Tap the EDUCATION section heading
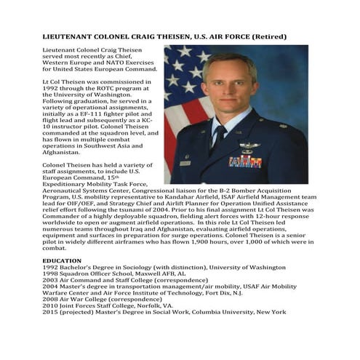[62, 260]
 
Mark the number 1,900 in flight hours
[205, 241]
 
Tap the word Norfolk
[148, 305]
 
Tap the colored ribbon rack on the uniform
[245, 161]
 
